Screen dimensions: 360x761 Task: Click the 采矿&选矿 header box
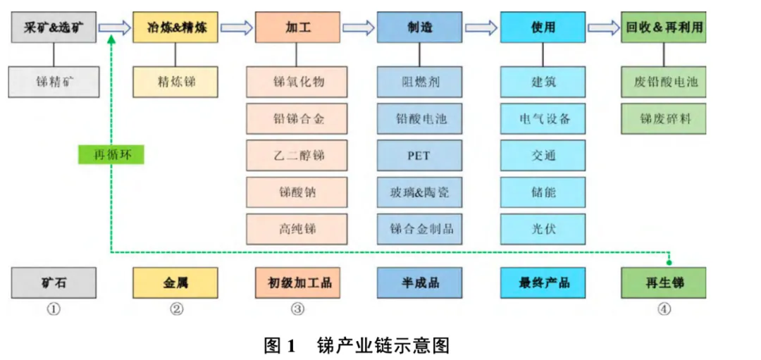click(54, 27)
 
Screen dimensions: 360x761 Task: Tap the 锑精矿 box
click(54, 82)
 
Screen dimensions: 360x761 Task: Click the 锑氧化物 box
click(297, 82)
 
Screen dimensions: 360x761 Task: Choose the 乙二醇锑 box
click(297, 155)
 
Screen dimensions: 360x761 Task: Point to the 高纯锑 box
click(297, 229)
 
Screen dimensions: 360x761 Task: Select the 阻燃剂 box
click(419, 82)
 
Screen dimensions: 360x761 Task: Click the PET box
click(419, 155)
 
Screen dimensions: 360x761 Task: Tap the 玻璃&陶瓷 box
click(419, 192)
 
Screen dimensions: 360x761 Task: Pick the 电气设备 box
click(543, 118)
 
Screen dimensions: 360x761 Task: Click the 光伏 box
click(543, 229)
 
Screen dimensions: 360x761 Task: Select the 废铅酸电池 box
click(664, 82)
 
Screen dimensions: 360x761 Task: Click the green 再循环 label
click(111, 155)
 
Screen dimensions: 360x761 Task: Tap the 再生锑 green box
click(664, 283)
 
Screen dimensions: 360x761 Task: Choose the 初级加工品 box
click(297, 283)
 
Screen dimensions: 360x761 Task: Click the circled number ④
click(664, 309)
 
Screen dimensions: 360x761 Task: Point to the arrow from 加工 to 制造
click(359, 27)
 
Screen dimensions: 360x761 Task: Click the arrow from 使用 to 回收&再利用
click(603, 27)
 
